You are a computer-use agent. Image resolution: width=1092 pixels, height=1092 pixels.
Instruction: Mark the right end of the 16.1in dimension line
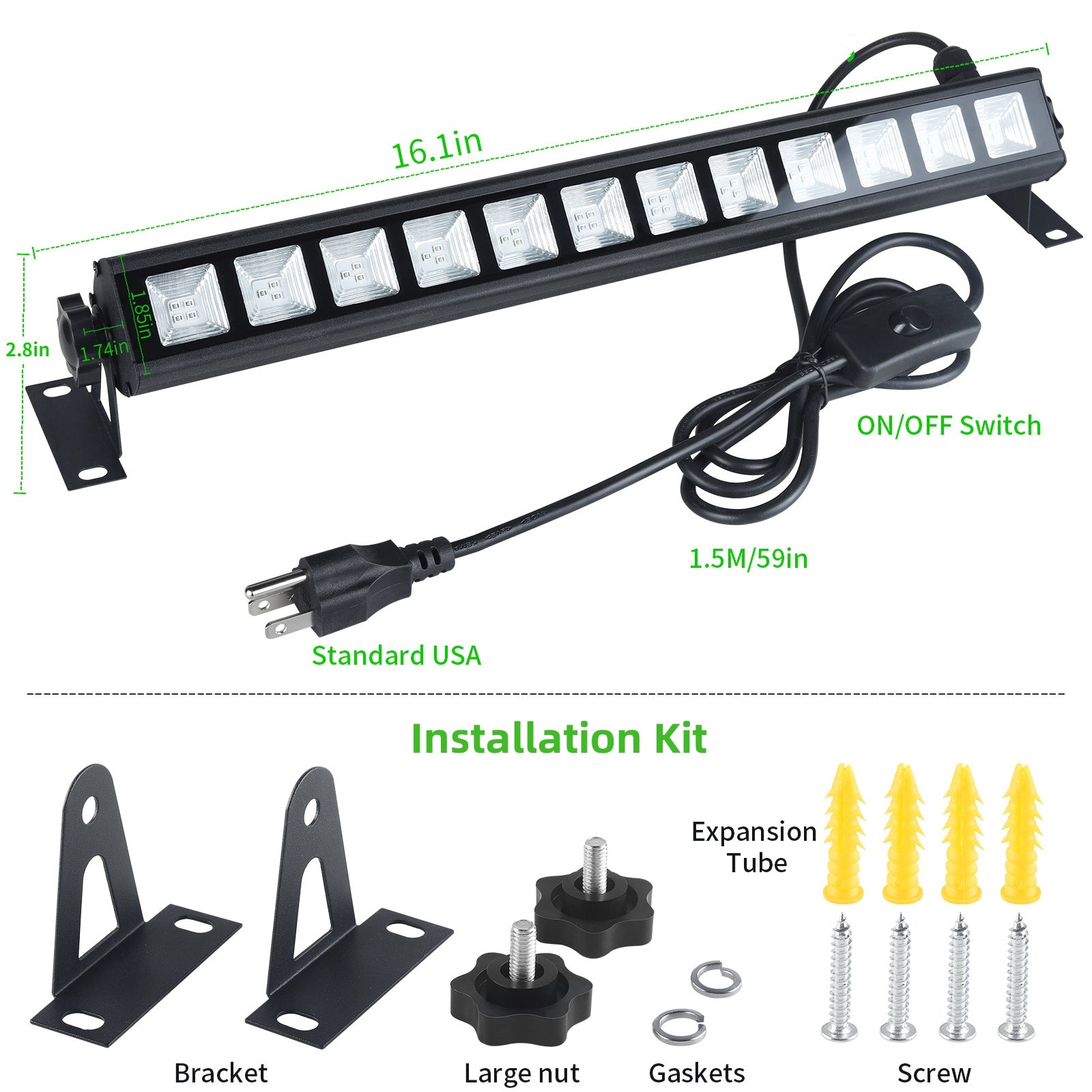click(1047, 48)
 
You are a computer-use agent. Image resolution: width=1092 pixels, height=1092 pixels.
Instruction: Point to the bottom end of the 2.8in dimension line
click(20, 491)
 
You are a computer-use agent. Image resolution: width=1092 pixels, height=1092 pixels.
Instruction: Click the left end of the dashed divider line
click(27, 694)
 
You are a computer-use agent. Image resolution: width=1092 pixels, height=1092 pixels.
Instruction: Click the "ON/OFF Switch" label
click(949, 425)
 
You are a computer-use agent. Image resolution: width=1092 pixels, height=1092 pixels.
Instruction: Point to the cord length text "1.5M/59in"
click(748, 558)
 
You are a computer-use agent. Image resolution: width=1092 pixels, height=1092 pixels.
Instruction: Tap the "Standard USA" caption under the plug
click(397, 655)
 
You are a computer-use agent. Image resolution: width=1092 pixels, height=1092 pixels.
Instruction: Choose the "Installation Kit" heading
click(558, 738)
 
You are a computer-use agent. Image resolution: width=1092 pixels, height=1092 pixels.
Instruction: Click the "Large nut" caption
click(521, 1074)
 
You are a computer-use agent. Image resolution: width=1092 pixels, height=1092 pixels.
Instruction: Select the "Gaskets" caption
click(697, 1073)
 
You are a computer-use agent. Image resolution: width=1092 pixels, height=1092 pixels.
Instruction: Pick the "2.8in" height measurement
click(27, 349)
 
